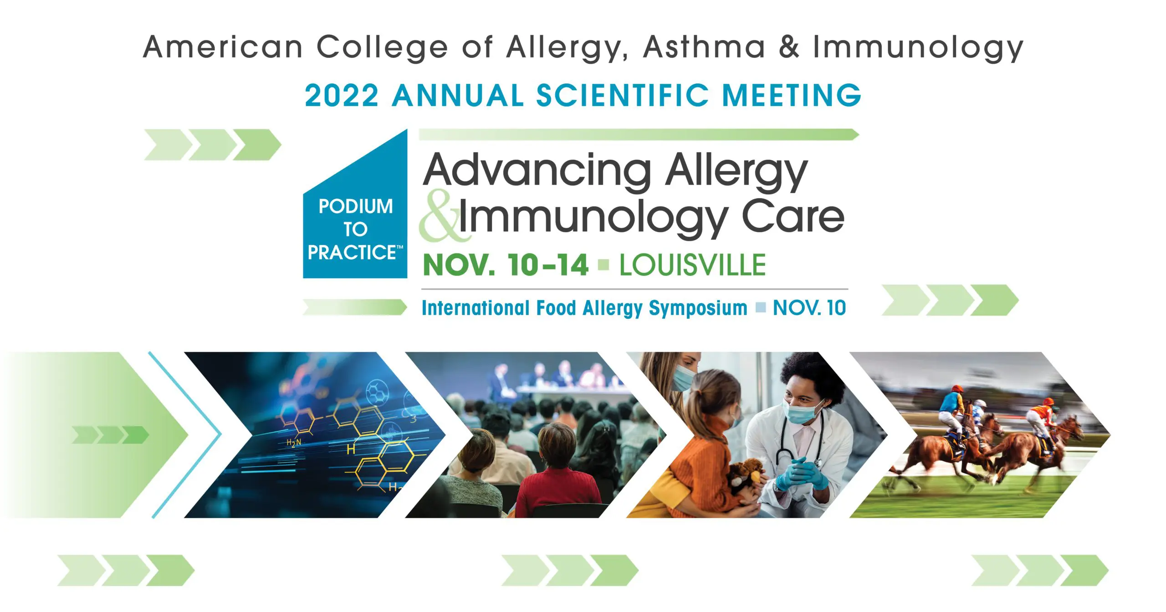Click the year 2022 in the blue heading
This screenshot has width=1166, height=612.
click(342, 95)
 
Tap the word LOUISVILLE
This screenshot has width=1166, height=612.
click(692, 265)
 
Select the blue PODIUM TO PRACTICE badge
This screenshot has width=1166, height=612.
click(355, 204)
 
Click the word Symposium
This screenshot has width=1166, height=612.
click(698, 308)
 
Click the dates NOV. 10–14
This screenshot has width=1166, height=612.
click(506, 265)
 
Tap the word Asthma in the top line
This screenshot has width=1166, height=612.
click(704, 47)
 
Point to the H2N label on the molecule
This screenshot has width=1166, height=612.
click(293, 443)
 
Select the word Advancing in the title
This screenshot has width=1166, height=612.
click(537, 170)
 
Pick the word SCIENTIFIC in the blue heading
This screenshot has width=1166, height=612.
click(622, 95)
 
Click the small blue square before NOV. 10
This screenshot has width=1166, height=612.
click(761, 307)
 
